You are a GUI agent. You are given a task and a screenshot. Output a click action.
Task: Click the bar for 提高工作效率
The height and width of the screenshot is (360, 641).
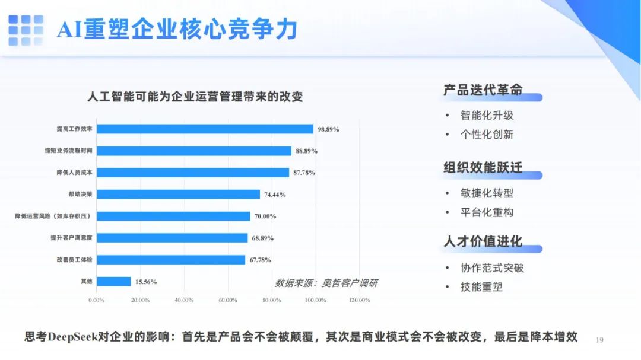205,129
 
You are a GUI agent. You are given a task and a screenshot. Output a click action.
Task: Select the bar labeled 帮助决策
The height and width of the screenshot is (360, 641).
179,194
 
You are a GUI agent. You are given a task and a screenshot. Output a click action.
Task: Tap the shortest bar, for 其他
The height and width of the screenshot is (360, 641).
114,282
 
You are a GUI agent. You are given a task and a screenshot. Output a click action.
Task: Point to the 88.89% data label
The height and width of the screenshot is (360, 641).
307,151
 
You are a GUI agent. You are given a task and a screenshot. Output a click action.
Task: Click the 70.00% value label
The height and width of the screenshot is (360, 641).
265,216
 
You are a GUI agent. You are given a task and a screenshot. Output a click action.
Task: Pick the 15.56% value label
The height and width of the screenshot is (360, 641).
146,282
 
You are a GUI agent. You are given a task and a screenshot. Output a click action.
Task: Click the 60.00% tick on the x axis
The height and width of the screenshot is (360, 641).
228,300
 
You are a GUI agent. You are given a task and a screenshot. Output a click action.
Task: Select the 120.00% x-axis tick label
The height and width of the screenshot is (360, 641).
359,300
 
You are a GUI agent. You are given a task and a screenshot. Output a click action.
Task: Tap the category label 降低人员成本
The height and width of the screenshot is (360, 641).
74,173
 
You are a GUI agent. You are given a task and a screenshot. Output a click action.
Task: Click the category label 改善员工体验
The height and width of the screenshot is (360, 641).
74,260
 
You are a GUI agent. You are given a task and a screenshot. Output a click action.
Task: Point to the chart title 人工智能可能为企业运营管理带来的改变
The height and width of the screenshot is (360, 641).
195,97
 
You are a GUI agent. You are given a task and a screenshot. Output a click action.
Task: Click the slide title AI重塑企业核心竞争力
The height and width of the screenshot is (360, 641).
177,30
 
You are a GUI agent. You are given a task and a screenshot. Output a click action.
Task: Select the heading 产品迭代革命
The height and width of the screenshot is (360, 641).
483,90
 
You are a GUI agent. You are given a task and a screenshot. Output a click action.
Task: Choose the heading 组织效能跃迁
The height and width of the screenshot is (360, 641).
483,167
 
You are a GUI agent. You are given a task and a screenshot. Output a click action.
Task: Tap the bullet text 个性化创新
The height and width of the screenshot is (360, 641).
487,135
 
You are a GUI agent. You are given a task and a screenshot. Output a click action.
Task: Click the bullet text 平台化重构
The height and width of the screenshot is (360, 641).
487,212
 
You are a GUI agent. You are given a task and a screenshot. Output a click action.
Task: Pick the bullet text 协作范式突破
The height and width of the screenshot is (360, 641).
492,267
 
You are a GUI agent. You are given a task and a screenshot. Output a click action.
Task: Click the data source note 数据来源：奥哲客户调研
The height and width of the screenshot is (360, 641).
326,283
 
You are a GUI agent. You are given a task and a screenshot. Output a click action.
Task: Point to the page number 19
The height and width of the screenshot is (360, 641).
599,340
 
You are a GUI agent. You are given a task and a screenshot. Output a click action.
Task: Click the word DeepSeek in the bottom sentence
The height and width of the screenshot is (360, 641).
73,337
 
